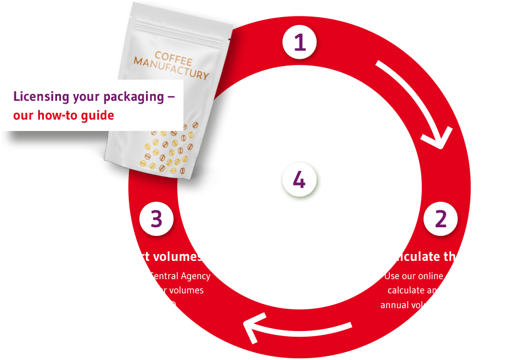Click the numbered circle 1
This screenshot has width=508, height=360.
coord(299,43)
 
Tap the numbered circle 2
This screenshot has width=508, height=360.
coord(440,219)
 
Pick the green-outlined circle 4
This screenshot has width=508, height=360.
coord(300,181)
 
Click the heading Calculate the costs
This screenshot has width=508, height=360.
coord(440,256)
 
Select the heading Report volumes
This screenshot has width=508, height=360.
coord(156,256)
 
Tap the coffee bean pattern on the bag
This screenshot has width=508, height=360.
coord(165,148)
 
